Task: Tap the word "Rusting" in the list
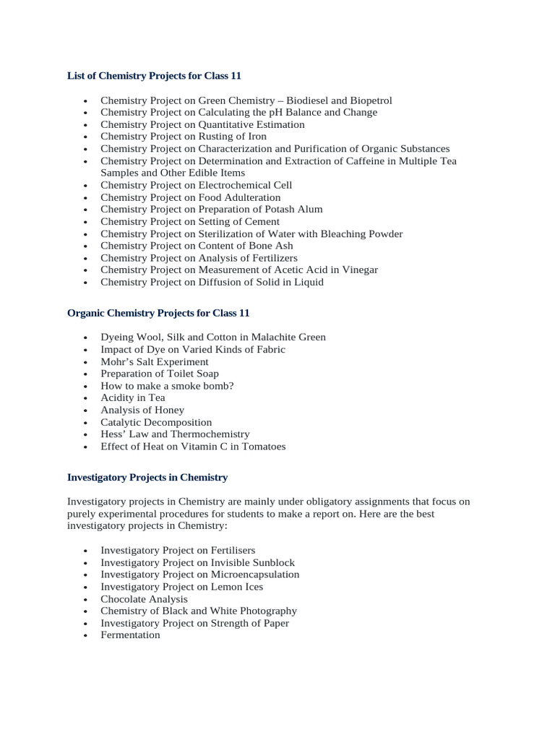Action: click(x=218, y=137)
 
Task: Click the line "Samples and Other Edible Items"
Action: click(x=173, y=173)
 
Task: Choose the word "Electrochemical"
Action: click(x=236, y=185)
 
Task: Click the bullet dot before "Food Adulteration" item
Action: click(x=86, y=198)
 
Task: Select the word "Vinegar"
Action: click(x=359, y=270)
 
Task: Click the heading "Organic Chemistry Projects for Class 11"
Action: click(x=158, y=313)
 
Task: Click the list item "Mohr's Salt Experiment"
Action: click(x=155, y=361)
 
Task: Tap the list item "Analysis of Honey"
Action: click(x=142, y=410)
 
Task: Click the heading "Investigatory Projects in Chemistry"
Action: click(x=147, y=477)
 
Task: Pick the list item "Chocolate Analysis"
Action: click(x=144, y=598)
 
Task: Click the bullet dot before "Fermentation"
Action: click(x=86, y=636)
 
